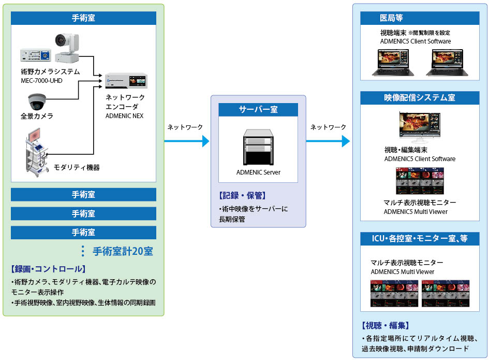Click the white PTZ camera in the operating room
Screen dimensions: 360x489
(x=67, y=46)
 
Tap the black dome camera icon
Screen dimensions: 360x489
(x=36, y=101)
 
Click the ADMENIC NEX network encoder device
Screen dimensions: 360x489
(x=126, y=81)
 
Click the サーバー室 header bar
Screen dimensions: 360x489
(x=258, y=109)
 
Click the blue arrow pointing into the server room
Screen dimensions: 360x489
(x=187, y=140)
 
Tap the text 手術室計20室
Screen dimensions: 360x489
(x=122, y=252)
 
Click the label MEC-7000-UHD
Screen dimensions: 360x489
(x=41, y=80)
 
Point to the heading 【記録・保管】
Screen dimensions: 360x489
(x=242, y=196)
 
